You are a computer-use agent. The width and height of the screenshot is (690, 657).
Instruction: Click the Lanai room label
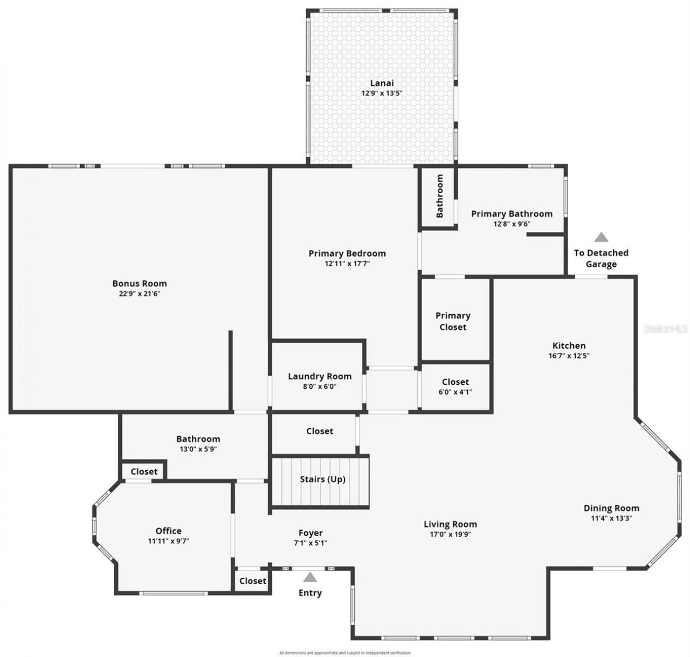pyautogui.click(x=382, y=83)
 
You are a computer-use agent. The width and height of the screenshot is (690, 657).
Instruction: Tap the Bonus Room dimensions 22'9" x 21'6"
pyautogui.click(x=140, y=294)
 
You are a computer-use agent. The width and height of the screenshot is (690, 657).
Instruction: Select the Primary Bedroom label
pyautogui.click(x=347, y=253)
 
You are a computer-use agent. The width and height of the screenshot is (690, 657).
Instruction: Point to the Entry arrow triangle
pyautogui.click(x=310, y=577)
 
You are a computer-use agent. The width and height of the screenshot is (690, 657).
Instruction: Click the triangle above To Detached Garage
pyautogui.click(x=601, y=237)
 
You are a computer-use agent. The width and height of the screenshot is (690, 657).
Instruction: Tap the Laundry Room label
pyautogui.click(x=320, y=376)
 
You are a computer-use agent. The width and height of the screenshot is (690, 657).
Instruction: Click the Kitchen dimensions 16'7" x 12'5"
pyautogui.click(x=569, y=356)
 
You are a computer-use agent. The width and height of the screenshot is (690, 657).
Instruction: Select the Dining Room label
pyautogui.click(x=611, y=508)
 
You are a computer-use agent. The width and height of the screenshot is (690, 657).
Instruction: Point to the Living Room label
pyautogui.click(x=450, y=524)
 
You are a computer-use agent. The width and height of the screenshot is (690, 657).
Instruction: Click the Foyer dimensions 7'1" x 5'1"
pyautogui.click(x=310, y=543)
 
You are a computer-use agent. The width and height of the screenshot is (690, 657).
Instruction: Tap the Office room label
pyautogui.click(x=169, y=531)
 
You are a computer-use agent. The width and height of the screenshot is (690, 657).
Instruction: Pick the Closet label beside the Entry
pyautogui.click(x=253, y=581)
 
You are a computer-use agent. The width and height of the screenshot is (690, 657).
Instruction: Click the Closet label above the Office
pyautogui.click(x=144, y=471)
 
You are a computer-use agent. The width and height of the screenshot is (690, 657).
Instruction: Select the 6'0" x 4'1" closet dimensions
pyautogui.click(x=455, y=392)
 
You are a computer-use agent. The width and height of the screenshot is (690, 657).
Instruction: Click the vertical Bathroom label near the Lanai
pyautogui.click(x=439, y=195)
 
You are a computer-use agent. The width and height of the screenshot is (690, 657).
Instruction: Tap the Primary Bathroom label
pyautogui.click(x=512, y=214)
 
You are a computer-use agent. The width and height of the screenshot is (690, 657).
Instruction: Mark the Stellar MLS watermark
pyautogui.click(x=666, y=328)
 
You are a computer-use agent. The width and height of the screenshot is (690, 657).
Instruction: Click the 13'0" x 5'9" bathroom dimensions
pyautogui.click(x=198, y=449)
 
